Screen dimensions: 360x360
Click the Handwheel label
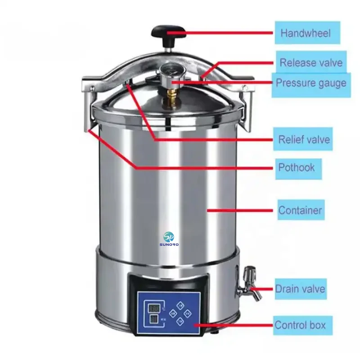(305, 33)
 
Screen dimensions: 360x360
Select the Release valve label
(310, 63)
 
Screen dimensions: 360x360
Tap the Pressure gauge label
(310, 83)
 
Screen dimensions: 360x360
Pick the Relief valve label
(304, 139)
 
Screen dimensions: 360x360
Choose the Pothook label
(297, 168)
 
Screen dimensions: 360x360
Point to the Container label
(300, 210)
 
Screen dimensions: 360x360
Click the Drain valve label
(300, 288)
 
